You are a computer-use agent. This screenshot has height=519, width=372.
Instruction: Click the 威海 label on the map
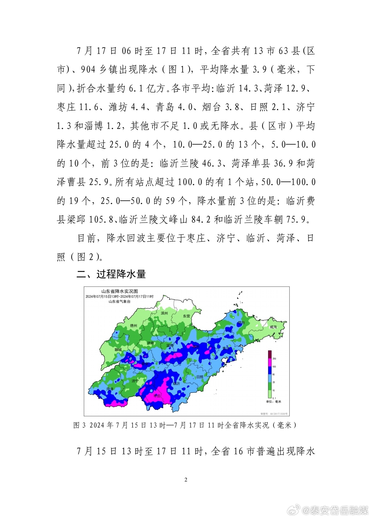click(x=273, y=327)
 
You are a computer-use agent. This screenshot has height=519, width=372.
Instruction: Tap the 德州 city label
click(x=134, y=325)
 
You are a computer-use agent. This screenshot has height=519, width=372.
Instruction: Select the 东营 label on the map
click(x=186, y=316)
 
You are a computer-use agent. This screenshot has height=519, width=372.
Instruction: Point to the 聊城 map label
click(x=118, y=349)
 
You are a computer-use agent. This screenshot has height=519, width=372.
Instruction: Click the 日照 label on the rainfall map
click(x=200, y=377)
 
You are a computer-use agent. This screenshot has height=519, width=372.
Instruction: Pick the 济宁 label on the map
click(x=135, y=381)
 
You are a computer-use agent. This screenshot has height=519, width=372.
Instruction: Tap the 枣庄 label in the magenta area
click(x=157, y=396)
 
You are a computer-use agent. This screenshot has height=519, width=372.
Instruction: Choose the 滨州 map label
click(x=164, y=313)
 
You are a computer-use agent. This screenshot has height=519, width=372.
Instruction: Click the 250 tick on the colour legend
click(x=274, y=359)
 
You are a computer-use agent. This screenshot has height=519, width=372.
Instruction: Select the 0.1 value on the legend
click(x=274, y=398)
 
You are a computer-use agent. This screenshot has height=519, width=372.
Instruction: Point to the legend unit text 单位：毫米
click(x=274, y=402)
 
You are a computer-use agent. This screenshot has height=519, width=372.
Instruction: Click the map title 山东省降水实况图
click(x=120, y=291)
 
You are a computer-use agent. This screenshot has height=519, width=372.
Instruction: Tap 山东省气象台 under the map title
click(x=120, y=301)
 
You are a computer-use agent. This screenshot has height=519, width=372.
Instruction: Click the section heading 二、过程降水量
click(x=111, y=274)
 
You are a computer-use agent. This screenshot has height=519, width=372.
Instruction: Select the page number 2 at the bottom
click(x=186, y=480)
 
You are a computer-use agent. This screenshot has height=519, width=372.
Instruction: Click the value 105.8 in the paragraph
click(x=101, y=220)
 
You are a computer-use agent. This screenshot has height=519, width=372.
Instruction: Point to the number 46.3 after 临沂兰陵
click(x=212, y=163)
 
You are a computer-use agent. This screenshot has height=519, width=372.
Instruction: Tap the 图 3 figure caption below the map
click(x=185, y=425)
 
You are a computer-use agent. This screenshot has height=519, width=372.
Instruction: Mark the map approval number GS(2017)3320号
click(x=274, y=414)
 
